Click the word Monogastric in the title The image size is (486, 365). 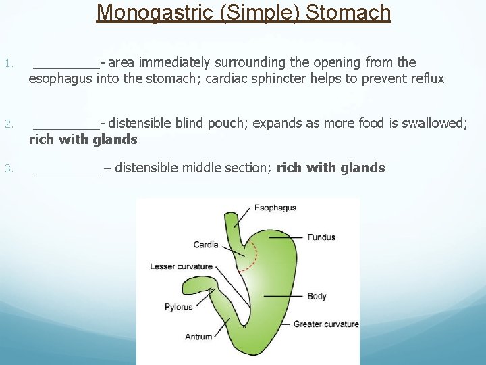tap(156, 12)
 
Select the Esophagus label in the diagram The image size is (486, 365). tap(275, 208)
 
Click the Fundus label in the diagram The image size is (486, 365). tap(321, 237)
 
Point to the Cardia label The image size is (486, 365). tap(205, 245)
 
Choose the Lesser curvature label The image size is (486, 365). tap(181, 267)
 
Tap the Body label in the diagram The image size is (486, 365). tap(317, 296)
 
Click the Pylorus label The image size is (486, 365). tap(178, 307)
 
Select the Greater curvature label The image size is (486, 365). tap(325, 324)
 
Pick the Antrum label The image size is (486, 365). tap(198, 337)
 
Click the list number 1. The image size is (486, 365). tap(7, 64)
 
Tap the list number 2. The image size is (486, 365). tap(7, 124)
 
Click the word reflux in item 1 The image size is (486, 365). tap(427, 79)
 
